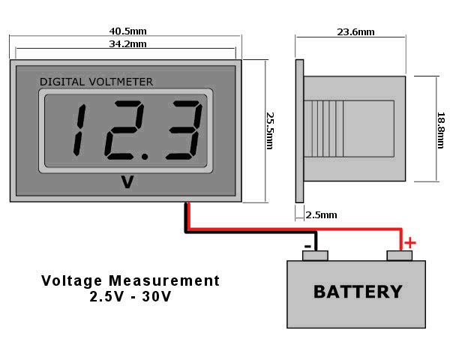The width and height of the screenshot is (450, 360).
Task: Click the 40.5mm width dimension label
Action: click(x=128, y=31)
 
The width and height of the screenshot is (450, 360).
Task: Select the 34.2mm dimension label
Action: click(x=128, y=45)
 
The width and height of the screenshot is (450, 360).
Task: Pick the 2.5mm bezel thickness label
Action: click(x=322, y=215)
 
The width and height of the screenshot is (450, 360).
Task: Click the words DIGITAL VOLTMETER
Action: click(x=96, y=81)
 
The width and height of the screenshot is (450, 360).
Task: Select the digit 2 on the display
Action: click(x=120, y=130)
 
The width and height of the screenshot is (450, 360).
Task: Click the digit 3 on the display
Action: click(x=182, y=130)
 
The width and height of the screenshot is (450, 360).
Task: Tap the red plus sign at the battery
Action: click(x=409, y=242)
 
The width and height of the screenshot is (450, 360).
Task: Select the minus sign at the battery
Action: click(x=307, y=245)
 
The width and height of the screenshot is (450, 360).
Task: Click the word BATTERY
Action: click(x=358, y=292)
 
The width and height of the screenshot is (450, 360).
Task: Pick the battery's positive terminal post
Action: click(x=400, y=256)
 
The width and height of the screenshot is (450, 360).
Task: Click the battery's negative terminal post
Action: click(x=315, y=256)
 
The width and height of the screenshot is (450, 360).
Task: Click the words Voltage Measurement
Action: click(x=130, y=280)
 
